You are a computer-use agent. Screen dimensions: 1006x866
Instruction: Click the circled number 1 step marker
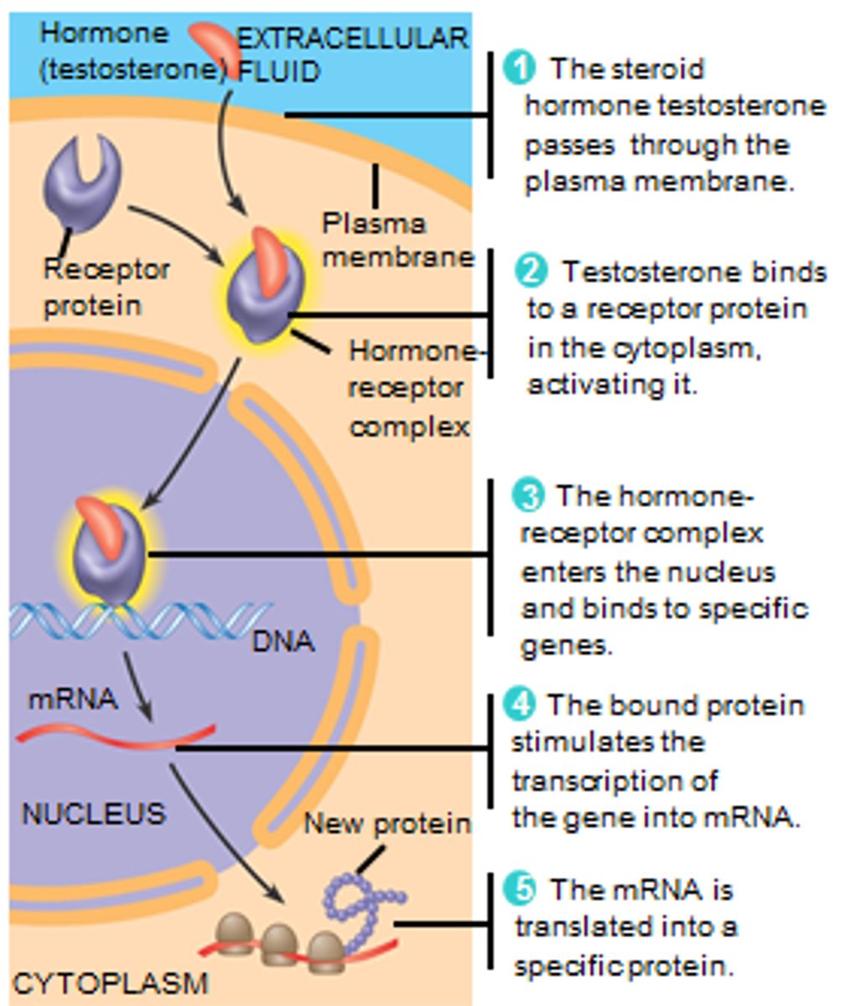[520, 68]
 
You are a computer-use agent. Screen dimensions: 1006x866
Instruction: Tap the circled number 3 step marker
[529, 495]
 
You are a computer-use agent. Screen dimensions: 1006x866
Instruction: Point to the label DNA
[283, 642]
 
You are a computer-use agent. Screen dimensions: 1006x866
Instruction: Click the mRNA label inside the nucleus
[72, 698]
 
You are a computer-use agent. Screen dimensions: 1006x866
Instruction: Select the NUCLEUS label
[93, 813]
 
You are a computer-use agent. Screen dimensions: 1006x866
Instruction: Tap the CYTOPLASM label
[111, 983]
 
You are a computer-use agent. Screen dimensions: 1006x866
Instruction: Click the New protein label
[386, 823]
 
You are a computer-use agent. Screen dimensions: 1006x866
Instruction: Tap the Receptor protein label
[105, 287]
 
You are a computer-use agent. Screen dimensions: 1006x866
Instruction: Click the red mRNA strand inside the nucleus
[117, 738]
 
